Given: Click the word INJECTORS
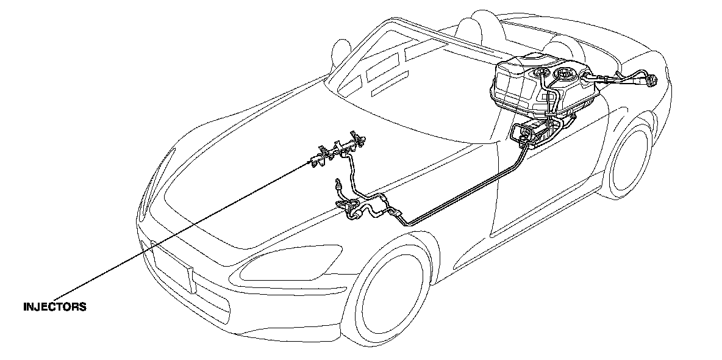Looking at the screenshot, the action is click(54, 307).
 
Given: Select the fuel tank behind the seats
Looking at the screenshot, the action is click(543, 85).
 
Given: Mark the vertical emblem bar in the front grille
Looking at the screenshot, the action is click(191, 279).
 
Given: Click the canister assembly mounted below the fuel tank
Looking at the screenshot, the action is click(537, 134).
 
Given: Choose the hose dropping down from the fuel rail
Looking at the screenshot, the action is click(352, 174).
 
